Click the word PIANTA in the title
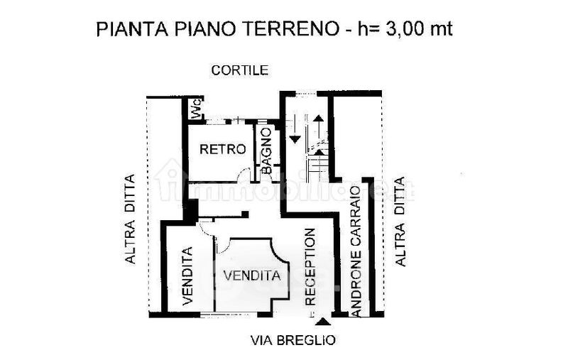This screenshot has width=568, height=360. tap(123, 29)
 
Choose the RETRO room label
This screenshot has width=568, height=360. tap(223, 149)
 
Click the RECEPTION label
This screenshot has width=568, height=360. tap(310, 266)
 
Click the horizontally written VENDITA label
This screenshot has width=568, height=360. tap(252, 276)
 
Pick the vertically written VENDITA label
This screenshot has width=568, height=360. tap(188, 276)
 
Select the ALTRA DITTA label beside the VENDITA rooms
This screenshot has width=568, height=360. tap(130, 219)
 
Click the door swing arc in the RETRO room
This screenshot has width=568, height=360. tap(244, 173)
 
